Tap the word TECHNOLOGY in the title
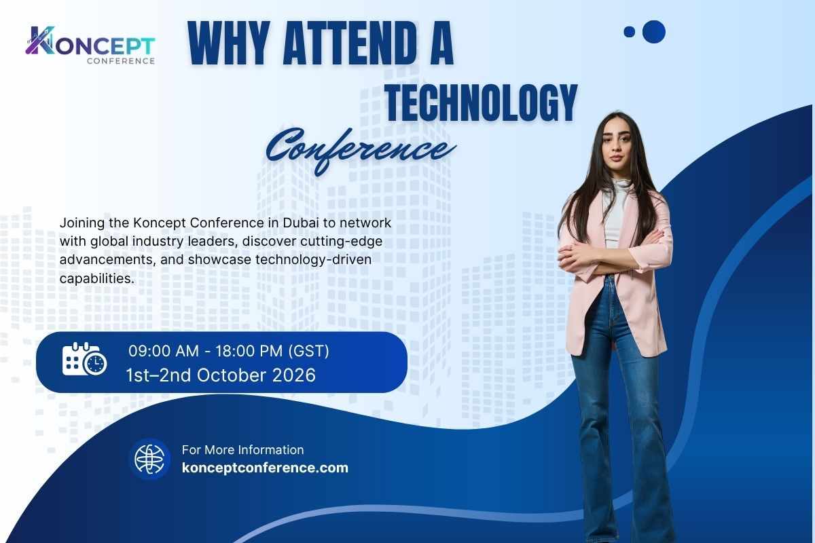click(481, 103)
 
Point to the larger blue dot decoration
click(653, 31)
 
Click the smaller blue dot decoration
click(629, 31)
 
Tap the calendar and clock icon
click(84, 360)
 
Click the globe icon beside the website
click(149, 459)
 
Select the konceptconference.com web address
click(265, 468)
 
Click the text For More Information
click(242, 449)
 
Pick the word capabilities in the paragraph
click(93, 278)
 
